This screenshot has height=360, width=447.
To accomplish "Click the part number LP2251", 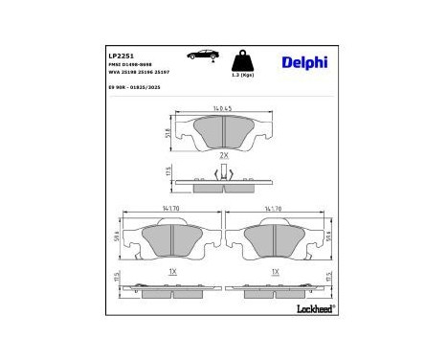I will tap(118, 55).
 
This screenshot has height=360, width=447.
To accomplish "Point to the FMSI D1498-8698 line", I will tap(129, 64).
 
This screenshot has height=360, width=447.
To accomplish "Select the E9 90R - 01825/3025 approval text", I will tap(133, 88).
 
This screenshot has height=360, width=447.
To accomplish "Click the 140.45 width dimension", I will tap(224, 108).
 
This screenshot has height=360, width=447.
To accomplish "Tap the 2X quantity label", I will tap(223, 155).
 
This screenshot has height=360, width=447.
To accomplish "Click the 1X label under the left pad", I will tap(172, 271).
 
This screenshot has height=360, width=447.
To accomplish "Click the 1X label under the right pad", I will tap(276, 271).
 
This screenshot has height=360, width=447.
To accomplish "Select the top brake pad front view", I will tap(223, 131).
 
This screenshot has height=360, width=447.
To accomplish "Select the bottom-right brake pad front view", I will tap(276, 242).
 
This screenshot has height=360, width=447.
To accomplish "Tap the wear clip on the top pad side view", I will tap(223, 172).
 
